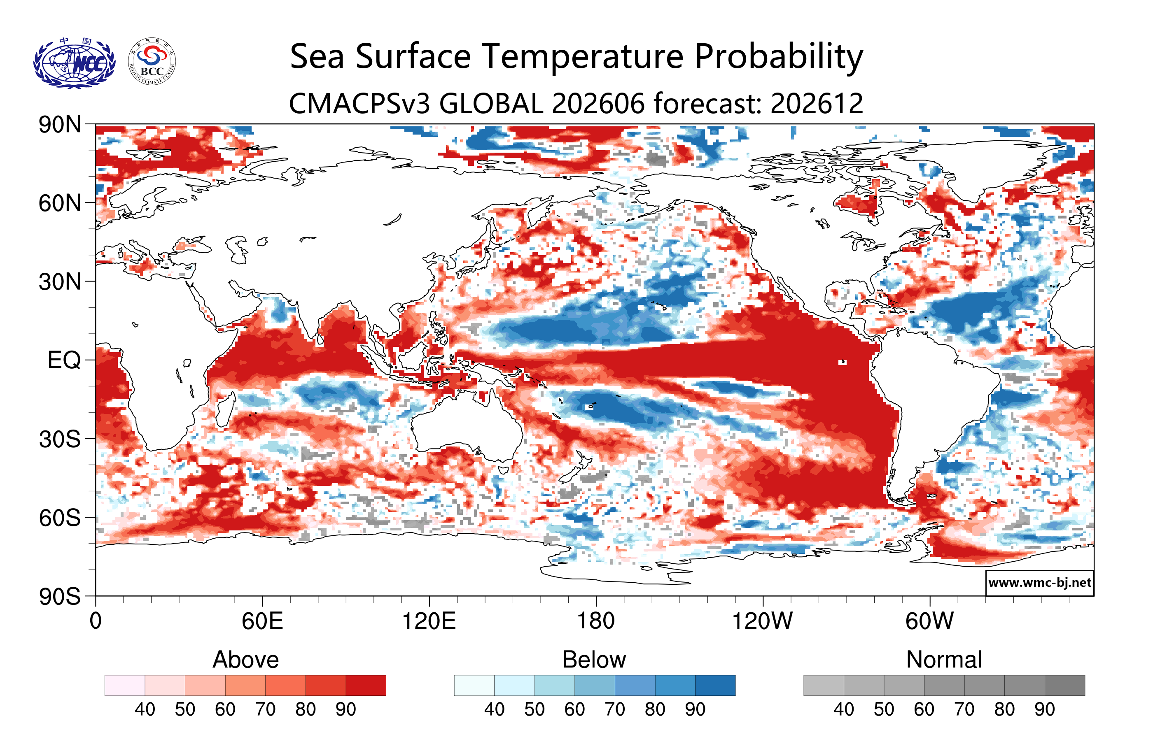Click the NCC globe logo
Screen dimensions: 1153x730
74,63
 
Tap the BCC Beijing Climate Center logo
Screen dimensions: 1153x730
152,62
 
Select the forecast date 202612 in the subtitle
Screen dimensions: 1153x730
817,103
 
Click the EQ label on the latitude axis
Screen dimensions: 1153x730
64,360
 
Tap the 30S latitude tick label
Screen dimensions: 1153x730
60,439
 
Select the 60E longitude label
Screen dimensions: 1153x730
262,621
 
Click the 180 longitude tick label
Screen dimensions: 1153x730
596,621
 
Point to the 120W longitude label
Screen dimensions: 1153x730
762,621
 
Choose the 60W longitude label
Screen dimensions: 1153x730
929,621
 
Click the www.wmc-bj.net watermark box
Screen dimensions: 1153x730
1039,583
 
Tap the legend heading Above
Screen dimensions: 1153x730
246,660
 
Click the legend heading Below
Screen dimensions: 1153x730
594,660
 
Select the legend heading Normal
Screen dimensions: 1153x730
944,660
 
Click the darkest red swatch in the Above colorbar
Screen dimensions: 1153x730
366,685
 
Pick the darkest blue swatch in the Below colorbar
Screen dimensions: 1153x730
715,685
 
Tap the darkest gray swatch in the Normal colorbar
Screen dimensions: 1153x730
1065,685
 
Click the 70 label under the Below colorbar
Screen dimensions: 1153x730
615,709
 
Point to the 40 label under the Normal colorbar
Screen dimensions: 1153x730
844,709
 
